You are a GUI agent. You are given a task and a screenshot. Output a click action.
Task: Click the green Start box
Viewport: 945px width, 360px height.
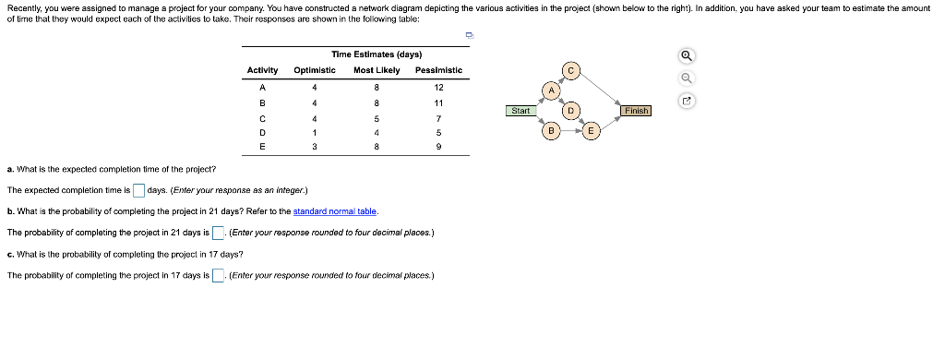[520, 111]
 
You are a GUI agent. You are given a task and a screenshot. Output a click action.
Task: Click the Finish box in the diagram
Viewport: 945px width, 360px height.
[637, 111]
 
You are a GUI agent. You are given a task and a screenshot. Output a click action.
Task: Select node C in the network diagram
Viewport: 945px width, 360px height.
[571, 70]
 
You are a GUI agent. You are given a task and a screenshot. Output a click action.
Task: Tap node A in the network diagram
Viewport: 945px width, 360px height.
[551, 90]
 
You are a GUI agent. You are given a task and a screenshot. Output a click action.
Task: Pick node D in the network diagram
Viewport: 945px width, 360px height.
[571, 111]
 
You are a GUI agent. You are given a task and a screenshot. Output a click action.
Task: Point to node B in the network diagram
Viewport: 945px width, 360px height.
[551, 131]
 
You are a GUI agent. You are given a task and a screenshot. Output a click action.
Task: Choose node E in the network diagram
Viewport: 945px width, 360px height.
[592, 131]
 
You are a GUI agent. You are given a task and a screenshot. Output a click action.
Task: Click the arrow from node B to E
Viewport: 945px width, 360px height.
[571, 131]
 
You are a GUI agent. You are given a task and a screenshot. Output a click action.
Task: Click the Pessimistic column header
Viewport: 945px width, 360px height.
[438, 70]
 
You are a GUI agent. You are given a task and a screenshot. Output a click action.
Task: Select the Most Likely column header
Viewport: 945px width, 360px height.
[377, 70]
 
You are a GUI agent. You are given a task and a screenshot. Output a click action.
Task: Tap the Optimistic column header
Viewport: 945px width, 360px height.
[315, 70]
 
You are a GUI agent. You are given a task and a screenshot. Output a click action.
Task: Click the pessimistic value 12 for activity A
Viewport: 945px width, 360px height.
[438, 87]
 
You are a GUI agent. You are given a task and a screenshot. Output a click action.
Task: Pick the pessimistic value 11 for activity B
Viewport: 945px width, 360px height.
[438, 102]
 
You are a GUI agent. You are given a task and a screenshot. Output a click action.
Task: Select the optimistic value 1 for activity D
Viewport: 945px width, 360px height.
[315, 132]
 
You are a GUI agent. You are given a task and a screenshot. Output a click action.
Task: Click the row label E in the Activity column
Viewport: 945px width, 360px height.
[263, 147]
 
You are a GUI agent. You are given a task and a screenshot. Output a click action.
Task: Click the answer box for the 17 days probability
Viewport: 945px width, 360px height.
[218, 275]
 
